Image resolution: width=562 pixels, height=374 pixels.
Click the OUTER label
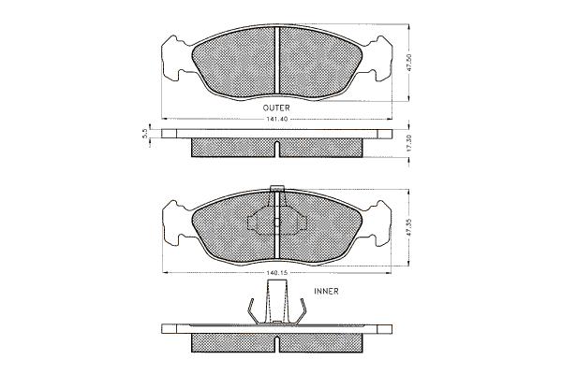[276, 108]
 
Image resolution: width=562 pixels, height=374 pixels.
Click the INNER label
[326, 292]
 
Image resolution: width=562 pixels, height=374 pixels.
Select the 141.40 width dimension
[276, 119]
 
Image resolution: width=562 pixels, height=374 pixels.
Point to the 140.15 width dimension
[277, 273]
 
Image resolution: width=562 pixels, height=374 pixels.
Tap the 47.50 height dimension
[410, 64]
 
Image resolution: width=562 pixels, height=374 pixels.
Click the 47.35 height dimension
[410, 227]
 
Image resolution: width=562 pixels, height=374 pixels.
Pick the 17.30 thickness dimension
[410, 143]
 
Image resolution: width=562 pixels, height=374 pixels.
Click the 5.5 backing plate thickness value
[145, 134]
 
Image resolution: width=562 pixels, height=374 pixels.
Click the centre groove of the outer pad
[277, 62]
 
